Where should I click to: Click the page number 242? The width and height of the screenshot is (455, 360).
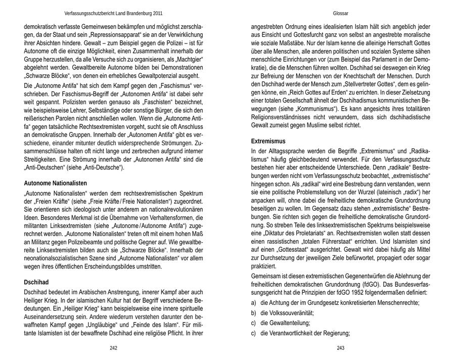(x=113, y=348)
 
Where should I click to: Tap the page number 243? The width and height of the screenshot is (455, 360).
(x=340, y=348)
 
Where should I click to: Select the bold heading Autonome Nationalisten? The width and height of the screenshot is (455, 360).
(x=56, y=183)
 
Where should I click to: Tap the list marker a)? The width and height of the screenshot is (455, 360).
(x=254, y=303)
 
